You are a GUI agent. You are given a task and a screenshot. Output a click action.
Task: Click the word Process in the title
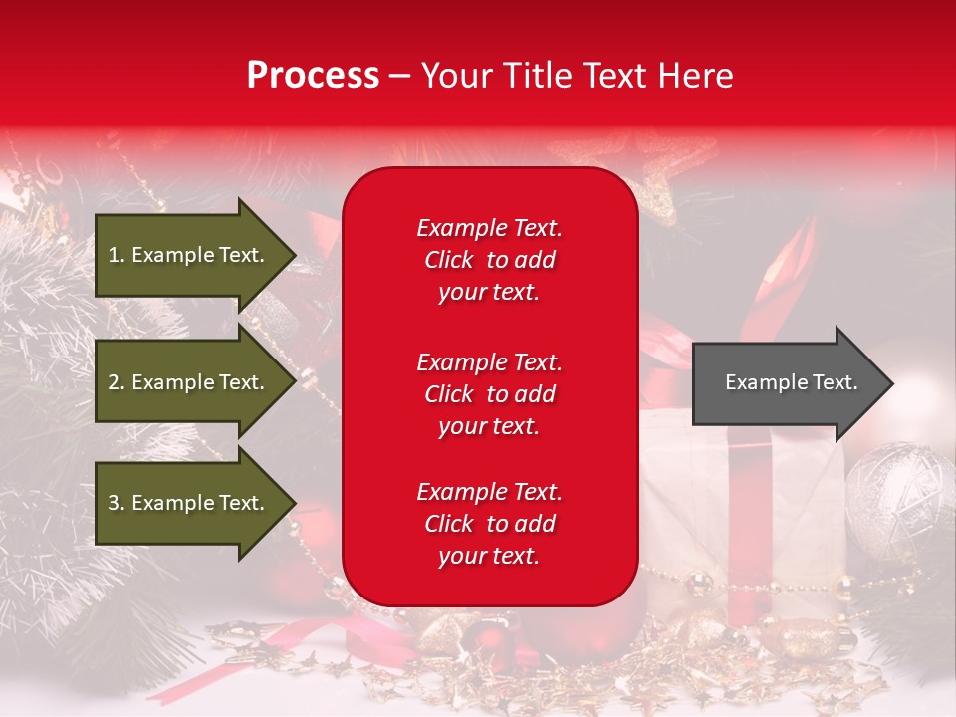click(313, 76)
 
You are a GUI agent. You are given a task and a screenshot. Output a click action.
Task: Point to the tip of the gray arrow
click(891, 383)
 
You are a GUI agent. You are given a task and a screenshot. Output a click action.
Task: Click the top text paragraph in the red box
click(489, 260)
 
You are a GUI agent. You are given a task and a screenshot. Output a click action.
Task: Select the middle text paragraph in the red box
click(489, 394)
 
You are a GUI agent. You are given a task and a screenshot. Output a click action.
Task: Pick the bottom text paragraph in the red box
click(489, 524)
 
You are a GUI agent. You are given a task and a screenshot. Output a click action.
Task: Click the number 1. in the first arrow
click(117, 255)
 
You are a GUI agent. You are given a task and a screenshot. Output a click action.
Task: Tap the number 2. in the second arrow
click(117, 382)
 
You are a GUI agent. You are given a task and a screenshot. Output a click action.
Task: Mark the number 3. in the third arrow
click(117, 503)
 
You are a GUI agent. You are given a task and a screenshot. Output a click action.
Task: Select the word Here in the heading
click(695, 76)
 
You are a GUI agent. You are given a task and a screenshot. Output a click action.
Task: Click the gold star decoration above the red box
click(677, 169)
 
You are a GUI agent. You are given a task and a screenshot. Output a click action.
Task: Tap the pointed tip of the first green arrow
click(294, 255)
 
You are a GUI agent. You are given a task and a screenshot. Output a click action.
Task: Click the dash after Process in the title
click(399, 76)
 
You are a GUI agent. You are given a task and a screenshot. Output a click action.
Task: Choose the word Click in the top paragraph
click(448, 260)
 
